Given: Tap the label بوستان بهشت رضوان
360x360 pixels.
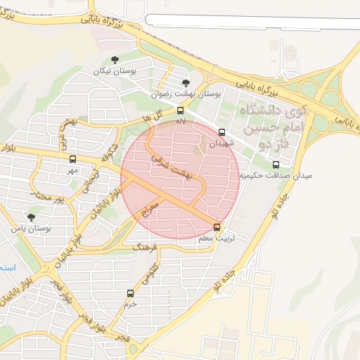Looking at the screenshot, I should (x=186, y=94).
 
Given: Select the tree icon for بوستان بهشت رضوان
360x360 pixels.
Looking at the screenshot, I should (x=186, y=83).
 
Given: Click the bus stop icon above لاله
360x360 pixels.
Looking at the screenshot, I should (x=181, y=110).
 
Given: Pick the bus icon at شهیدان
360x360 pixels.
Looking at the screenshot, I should (x=222, y=132).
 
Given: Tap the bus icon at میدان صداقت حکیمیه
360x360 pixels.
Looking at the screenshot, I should (x=276, y=165).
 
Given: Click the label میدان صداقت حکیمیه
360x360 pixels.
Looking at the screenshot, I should (x=275, y=175).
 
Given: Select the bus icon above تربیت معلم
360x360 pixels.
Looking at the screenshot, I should (x=217, y=227).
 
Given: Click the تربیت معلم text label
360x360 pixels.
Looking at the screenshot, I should (x=214, y=238).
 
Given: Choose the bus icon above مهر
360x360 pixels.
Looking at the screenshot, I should (x=72, y=160).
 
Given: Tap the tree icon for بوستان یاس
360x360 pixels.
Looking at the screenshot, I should (x=31, y=217).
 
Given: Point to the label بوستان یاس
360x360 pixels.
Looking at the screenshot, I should (x=32, y=229).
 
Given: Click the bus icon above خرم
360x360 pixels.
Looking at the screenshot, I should (x=130, y=293).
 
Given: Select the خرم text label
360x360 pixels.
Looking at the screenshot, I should (x=129, y=304).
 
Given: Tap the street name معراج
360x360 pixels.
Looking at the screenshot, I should (x=150, y=209).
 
